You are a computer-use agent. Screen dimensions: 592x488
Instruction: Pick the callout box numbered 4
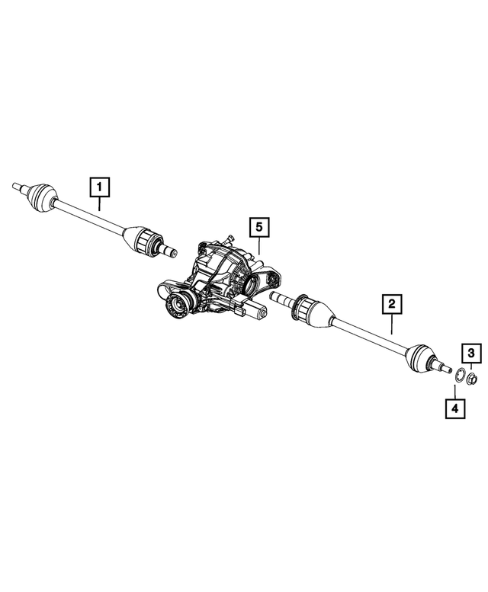(x=454, y=409)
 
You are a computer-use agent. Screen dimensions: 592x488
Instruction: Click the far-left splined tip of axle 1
(x=18, y=185)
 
